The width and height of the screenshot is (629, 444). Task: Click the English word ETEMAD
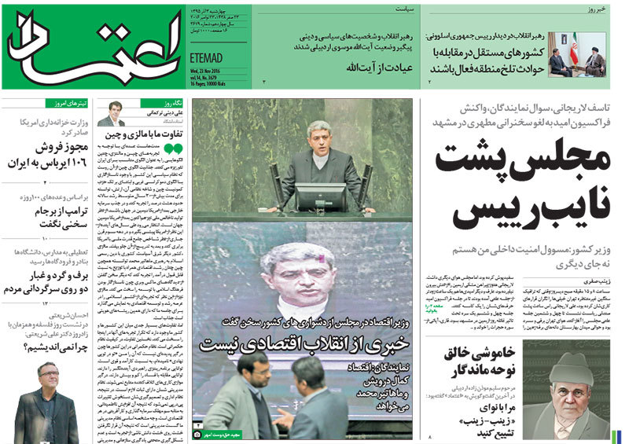pos(208,57)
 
